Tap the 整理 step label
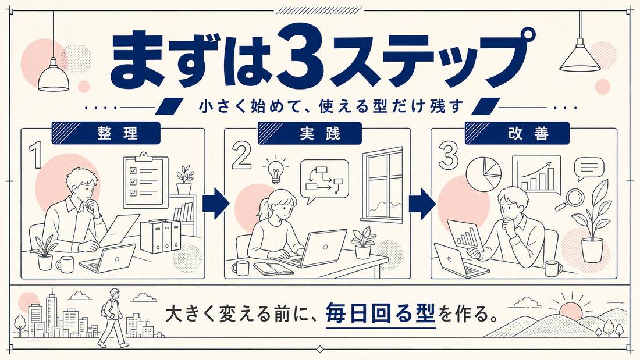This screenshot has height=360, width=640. (x=118, y=133)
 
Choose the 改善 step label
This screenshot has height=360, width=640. (x=528, y=133)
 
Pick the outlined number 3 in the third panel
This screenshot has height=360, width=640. (x=448, y=155)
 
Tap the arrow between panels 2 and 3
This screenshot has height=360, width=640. (x=422, y=203)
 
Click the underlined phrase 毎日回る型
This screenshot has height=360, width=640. (x=381, y=316)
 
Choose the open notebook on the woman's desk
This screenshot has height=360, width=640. (x=273, y=268)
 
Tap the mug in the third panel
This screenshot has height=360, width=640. (x=553, y=269)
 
